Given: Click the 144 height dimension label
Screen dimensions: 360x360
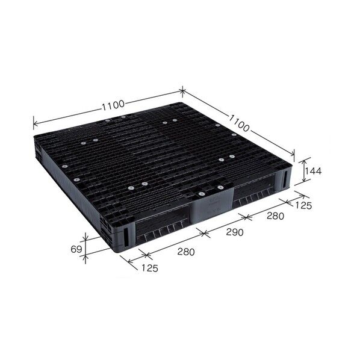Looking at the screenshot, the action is [x=313, y=171].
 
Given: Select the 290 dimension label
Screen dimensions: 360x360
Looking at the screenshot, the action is [x=235, y=232].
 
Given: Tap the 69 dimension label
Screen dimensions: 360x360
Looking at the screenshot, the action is [x=76, y=249].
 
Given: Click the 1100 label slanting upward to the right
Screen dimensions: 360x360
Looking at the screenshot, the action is [x=113, y=105].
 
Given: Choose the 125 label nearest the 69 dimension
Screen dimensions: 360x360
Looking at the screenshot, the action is [x=150, y=268].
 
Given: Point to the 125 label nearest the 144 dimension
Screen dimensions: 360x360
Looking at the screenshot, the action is [x=303, y=205].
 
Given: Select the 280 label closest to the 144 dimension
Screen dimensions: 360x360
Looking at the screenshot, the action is [x=275, y=216].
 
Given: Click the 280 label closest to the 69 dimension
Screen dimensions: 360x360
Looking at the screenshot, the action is [x=186, y=252].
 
